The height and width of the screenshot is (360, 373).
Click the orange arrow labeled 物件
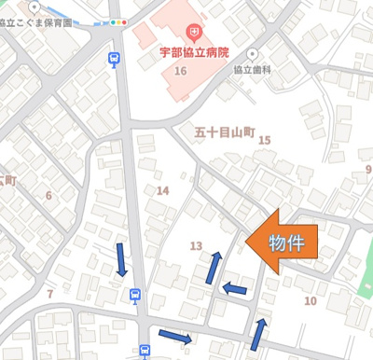(284, 242)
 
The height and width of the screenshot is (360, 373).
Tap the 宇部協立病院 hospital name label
(192, 53)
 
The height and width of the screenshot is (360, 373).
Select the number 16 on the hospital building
(180, 72)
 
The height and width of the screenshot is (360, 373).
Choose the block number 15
(264, 140)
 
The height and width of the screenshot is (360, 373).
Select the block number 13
(196, 245)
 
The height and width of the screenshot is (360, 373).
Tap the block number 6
(48, 195)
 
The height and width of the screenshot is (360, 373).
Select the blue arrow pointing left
(234, 288)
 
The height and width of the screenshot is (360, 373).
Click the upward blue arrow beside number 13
(214, 267)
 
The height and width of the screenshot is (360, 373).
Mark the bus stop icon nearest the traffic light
(114, 59)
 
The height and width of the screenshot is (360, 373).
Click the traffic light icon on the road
(117, 21)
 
